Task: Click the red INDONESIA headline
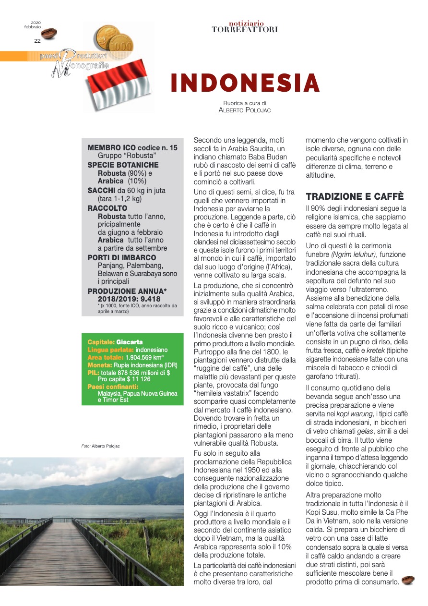[245, 84]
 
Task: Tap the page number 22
[37, 41]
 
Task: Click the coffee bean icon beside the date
[49, 33]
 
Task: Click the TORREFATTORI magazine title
[245, 30]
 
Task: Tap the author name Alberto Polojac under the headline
[244, 110]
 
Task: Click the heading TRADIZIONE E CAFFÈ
[355, 196]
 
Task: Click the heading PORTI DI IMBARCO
[121, 258]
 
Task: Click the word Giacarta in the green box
[130, 342]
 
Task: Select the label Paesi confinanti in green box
[113, 387]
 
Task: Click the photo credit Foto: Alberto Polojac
[101, 446]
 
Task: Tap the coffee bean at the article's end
[408, 581]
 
